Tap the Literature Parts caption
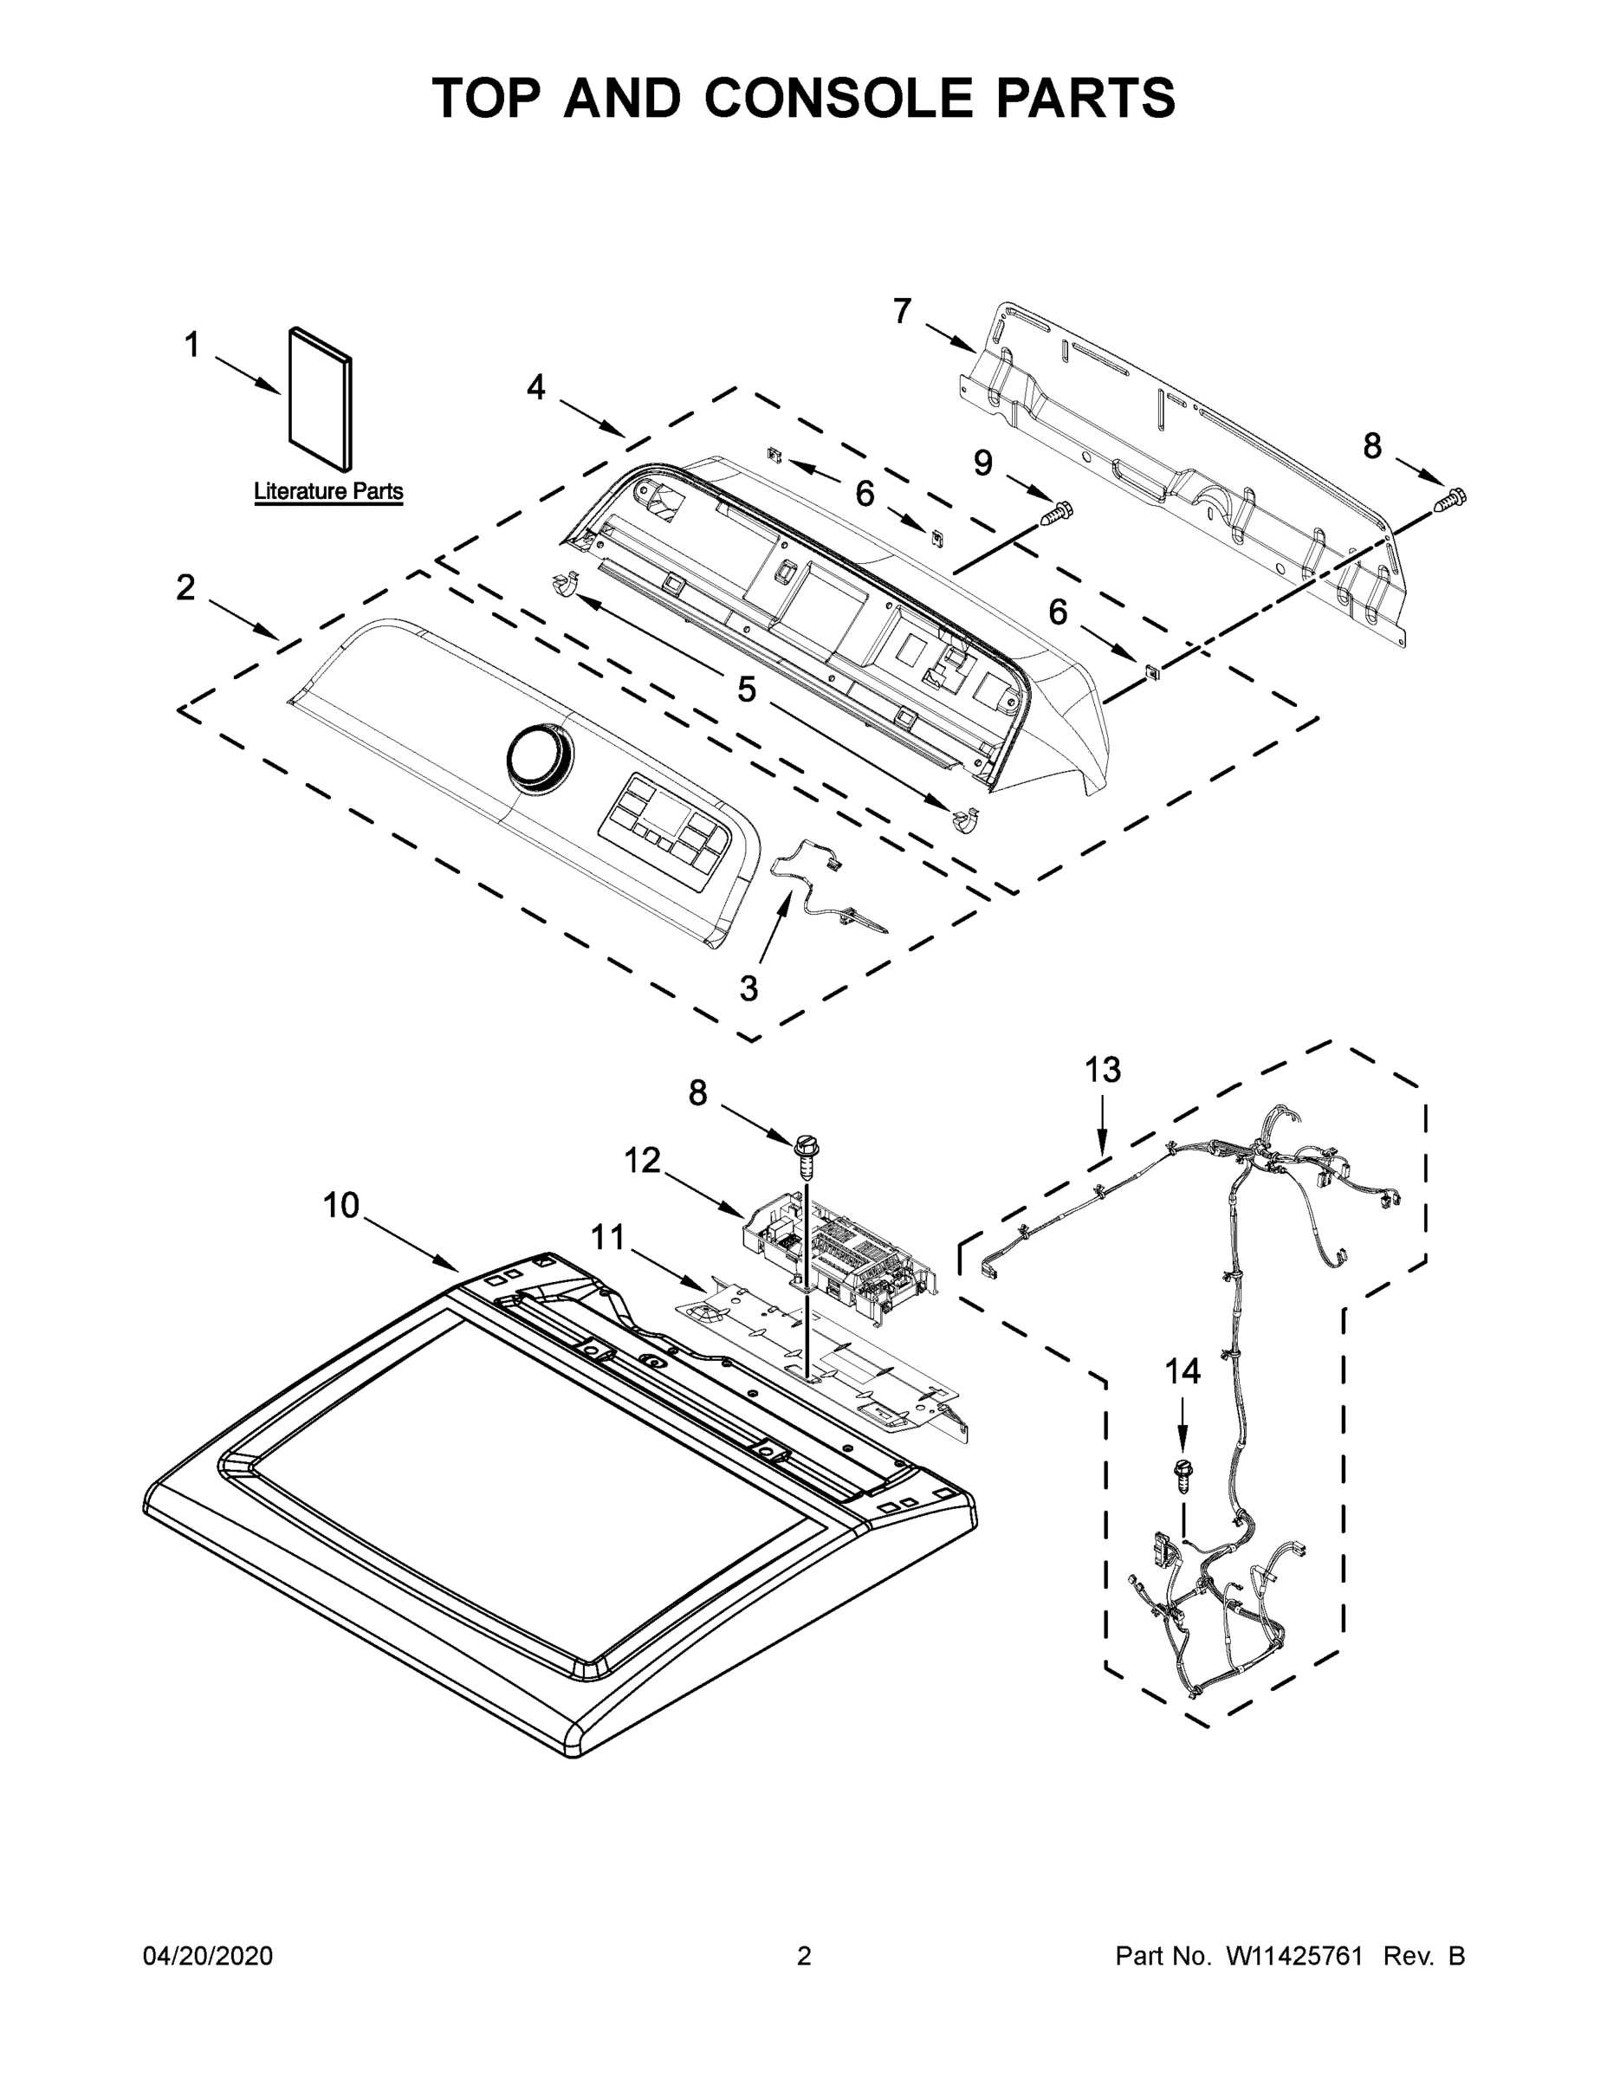pyautogui.click(x=327, y=492)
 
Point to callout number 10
pyautogui.click(x=340, y=1205)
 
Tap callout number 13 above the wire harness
pyautogui.click(x=1103, y=1070)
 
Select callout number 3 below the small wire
pyautogui.click(x=749, y=989)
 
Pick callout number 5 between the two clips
pyautogui.click(x=747, y=690)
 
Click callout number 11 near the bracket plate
pyautogui.click(x=607, y=1238)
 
